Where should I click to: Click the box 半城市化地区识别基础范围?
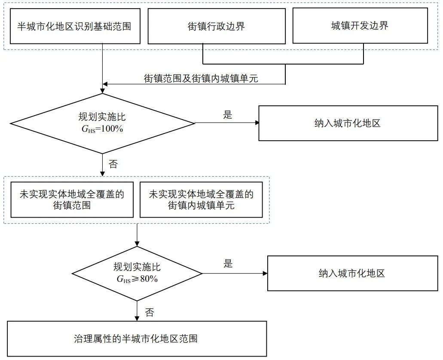coord(74,27)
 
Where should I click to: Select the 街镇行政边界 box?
coord(216,27)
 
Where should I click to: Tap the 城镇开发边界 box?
coord(360,26)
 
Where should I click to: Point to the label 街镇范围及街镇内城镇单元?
coord(201,78)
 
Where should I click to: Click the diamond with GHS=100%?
coord(102,123)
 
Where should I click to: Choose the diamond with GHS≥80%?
coord(137,273)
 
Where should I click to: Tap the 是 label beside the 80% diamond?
coord(228,264)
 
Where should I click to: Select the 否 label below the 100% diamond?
coord(113,164)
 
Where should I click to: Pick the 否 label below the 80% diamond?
coord(149,313)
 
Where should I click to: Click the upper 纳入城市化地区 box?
coord(347,123)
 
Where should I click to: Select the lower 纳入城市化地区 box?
coord(351,274)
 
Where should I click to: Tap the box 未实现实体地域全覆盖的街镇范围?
coord(72,200)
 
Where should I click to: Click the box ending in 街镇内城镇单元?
coord(201,200)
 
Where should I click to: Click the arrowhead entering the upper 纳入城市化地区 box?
coord(257,123)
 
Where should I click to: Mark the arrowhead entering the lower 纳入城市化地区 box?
coord(265,273)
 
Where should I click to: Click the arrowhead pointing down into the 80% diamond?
coord(137,244)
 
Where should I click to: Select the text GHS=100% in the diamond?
coord(102,128)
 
